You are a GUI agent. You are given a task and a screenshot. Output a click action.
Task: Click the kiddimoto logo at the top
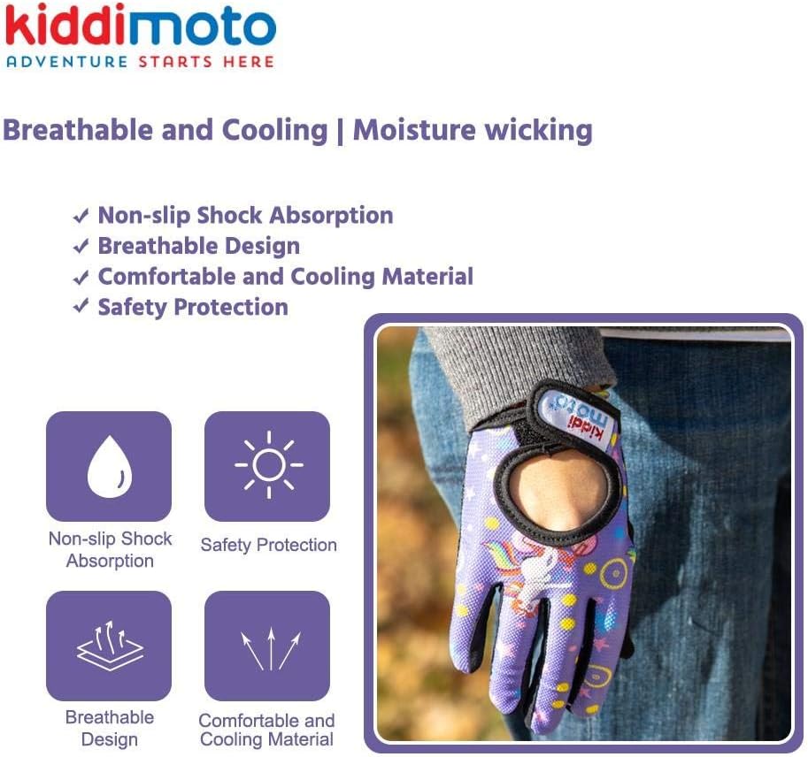point(141,25)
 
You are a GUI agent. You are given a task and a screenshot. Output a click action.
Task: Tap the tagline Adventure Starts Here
point(140,62)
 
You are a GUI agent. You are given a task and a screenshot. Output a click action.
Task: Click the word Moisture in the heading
point(412,129)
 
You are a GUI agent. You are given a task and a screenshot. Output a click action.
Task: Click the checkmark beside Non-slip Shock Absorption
point(81,216)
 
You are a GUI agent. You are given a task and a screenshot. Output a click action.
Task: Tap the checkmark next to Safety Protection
point(81,306)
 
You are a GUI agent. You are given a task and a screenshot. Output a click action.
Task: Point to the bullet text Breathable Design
point(199,246)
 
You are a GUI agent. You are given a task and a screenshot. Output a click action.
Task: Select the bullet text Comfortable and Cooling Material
point(286,277)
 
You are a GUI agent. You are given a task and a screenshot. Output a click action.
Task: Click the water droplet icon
point(109,467)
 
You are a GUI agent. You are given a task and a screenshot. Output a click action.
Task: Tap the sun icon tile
point(267,467)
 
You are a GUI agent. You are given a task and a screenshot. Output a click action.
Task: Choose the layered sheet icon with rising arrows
point(109,646)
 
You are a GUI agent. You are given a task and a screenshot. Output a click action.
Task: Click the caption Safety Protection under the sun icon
point(268,545)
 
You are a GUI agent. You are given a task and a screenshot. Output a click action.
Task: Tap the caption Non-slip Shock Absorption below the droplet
point(110,549)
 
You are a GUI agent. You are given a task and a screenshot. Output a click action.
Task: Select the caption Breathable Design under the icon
point(109,728)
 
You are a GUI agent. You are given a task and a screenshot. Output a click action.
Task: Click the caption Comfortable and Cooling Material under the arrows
point(267,730)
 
